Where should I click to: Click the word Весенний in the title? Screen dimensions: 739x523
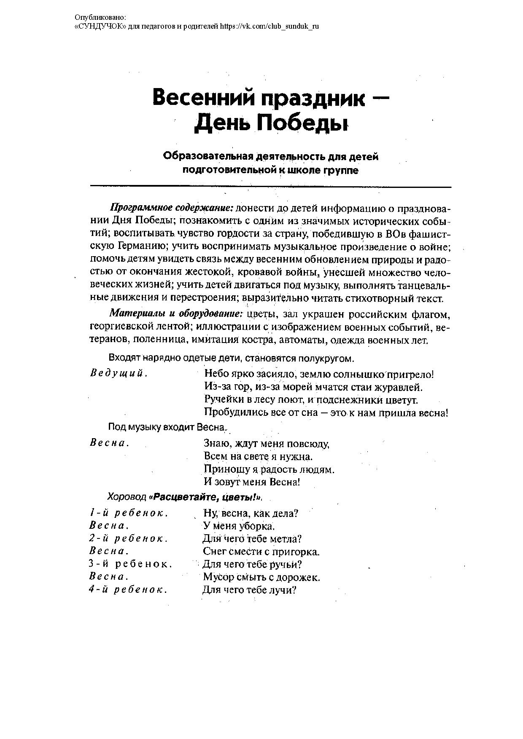click(203, 98)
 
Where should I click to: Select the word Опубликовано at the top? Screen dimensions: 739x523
click(100, 17)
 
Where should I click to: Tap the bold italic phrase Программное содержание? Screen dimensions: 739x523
click(172, 208)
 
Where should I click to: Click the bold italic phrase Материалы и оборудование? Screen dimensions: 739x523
click(176, 314)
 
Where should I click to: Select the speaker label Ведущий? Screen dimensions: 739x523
click(119, 373)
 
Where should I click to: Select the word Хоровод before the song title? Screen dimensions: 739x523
click(127, 498)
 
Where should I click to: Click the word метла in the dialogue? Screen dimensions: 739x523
click(288, 539)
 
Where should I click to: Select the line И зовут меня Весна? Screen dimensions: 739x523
click(252, 482)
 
